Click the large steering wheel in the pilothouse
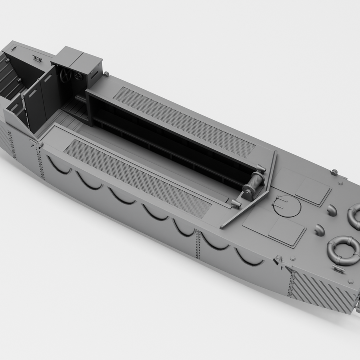(x=66, y=75)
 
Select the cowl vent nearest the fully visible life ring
(x=319, y=230)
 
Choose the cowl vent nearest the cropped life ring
(x=331, y=210)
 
